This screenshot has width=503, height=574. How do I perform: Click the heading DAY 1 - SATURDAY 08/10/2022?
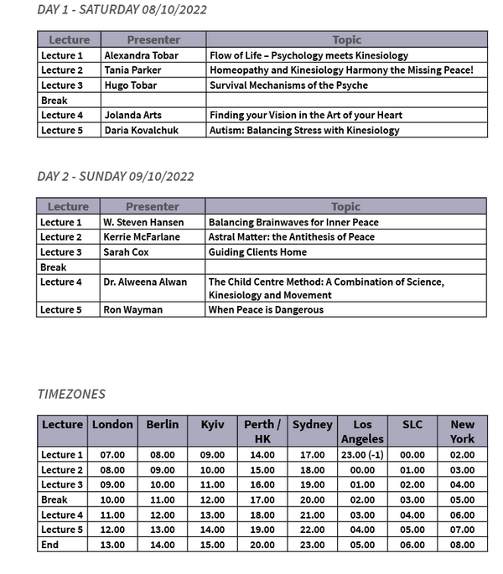122,10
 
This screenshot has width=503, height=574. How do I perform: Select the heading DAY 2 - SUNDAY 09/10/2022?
116,176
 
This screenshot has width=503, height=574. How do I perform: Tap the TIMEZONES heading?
71,393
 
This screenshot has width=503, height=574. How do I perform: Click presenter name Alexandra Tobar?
142,55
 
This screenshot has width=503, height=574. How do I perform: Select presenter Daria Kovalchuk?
142,130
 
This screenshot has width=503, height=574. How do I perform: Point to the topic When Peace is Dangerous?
266,310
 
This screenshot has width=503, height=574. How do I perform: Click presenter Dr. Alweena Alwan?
145,282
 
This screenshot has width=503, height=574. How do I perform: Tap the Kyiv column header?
212,425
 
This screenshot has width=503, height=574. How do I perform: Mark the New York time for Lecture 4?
462,515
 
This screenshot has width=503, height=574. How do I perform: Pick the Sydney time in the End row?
312,545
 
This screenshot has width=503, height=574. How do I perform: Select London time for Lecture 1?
112,455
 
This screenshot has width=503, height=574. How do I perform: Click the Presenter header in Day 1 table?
153,39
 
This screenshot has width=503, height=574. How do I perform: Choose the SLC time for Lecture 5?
412,530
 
